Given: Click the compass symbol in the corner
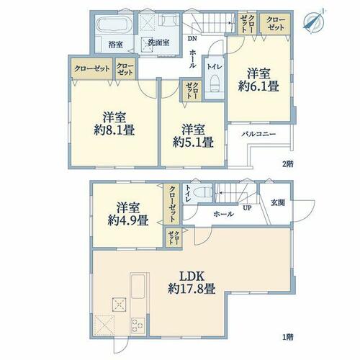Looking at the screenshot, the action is pyautogui.click(x=314, y=21).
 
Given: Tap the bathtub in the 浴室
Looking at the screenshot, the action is pyautogui.click(x=112, y=24).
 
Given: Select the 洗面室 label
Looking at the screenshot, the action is pyautogui.click(x=158, y=42).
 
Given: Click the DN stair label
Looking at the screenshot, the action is pyautogui.click(x=192, y=38).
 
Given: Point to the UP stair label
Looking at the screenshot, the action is pyautogui.click(x=247, y=208).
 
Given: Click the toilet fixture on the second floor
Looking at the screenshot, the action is pyautogui.click(x=215, y=83).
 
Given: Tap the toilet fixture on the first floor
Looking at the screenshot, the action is pyautogui.click(x=202, y=192).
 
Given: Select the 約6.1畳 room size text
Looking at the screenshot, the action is pyautogui.click(x=258, y=86).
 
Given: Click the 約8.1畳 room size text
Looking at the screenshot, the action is pyautogui.click(x=114, y=130).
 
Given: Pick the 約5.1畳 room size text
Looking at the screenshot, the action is pyautogui.click(x=193, y=143).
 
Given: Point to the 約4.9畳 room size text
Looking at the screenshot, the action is pyautogui.click(x=127, y=220).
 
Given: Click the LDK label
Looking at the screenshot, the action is pyautogui.click(x=192, y=276).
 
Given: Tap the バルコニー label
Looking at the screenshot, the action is pyautogui.click(x=258, y=134).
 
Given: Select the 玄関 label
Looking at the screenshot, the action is pyautogui.click(x=278, y=203).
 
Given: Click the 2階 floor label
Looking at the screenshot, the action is pyautogui.click(x=288, y=164).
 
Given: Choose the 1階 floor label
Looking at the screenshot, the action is pyautogui.click(x=288, y=337).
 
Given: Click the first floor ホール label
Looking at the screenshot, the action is pyautogui.click(x=223, y=214).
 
